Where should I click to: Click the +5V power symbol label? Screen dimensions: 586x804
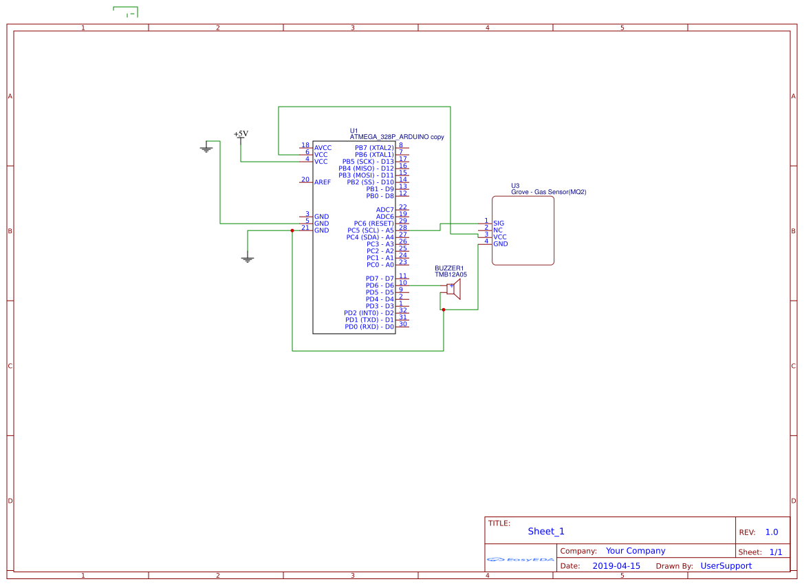point(241,133)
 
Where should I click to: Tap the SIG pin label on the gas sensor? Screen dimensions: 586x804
point(499,224)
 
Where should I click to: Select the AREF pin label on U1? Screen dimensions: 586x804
point(323,182)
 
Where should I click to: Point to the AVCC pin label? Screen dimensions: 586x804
point(323,148)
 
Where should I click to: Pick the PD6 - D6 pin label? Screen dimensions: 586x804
point(380,285)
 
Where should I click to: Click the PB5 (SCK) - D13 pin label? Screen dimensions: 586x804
point(368,162)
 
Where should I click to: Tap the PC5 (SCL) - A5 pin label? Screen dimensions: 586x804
point(370,230)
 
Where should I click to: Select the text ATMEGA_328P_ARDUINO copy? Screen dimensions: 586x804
point(396,137)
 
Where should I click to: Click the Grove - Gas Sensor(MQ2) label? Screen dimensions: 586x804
point(548,193)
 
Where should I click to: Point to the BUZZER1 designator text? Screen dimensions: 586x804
point(449,268)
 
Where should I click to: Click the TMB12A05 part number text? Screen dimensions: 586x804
point(450,274)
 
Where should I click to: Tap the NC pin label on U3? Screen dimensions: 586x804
point(498,230)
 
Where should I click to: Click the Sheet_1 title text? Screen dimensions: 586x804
point(545,532)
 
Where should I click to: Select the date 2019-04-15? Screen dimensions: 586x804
point(616,566)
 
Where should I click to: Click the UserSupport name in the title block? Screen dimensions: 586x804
point(726,566)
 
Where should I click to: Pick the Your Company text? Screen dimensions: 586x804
point(635,551)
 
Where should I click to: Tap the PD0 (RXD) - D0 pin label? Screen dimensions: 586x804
point(369,327)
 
